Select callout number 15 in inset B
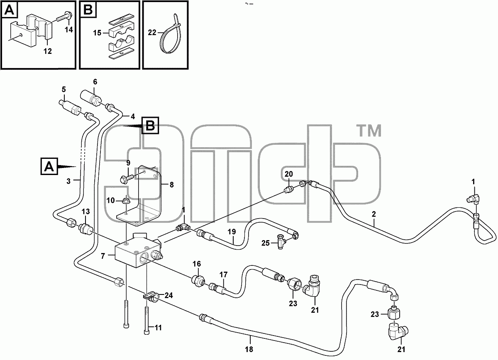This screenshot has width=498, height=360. point(97,33)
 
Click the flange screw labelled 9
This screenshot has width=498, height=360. point(126,178)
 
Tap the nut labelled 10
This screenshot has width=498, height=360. point(126,201)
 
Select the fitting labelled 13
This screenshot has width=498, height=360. point(85,229)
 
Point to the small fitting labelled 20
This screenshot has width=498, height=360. point(289,190)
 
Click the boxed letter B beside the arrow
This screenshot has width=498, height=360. point(150,125)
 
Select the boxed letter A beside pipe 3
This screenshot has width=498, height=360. point(49,166)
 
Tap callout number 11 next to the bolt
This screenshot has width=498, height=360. point(158,328)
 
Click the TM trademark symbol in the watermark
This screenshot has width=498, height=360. point(369,131)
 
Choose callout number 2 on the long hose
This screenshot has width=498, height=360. point(374,214)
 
